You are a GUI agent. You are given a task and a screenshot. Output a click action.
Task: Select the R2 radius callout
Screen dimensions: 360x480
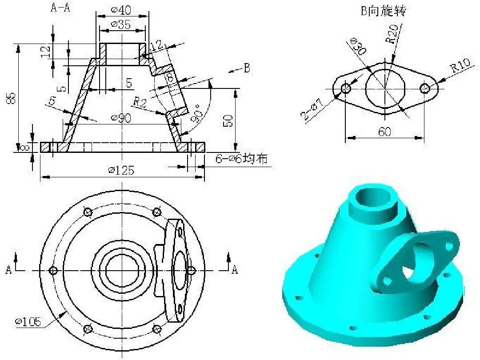(x=140, y=102)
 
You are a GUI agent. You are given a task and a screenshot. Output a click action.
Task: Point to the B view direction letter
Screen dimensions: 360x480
(x=247, y=68)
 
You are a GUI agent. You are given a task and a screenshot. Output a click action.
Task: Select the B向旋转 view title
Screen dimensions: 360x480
(x=383, y=11)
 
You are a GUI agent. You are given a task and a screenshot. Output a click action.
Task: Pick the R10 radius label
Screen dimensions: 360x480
(x=460, y=67)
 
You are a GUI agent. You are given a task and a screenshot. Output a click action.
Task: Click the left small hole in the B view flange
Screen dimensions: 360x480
(x=346, y=88)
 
